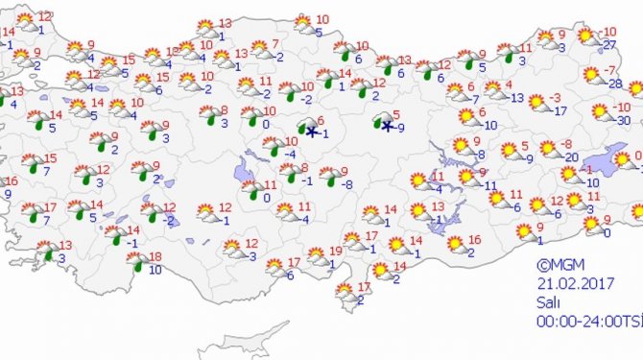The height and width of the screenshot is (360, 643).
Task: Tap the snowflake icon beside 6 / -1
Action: tap(310, 132)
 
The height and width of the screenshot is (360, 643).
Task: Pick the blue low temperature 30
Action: tap(623, 120)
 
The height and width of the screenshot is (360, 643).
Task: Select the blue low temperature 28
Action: tap(614, 84)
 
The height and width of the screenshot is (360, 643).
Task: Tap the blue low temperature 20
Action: tap(570, 156)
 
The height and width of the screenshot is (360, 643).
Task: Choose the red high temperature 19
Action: tap(335, 252)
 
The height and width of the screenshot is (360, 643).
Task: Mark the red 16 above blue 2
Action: tap(474, 239)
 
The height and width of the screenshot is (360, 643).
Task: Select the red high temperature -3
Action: tap(555, 97)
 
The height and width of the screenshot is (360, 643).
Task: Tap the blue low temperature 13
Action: tap(516, 97)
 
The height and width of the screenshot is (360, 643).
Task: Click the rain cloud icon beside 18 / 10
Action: tap(138, 262)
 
